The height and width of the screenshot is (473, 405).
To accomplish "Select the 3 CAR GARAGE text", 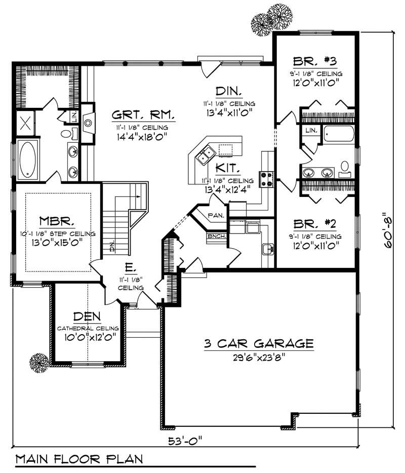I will coord(258,344).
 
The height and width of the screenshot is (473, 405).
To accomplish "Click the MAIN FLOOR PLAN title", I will coord(78,459).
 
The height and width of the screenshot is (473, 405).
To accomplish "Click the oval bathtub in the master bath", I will coord(27,160).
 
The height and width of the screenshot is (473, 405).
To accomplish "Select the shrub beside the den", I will coord(38,363).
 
